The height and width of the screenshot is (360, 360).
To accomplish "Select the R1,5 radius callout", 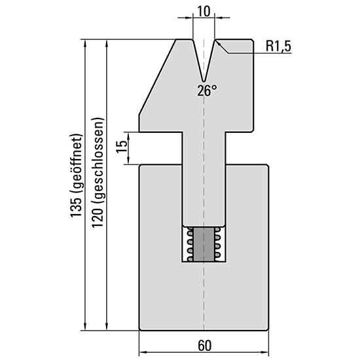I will pos(278,46).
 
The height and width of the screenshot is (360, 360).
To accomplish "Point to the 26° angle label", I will pos(206,91).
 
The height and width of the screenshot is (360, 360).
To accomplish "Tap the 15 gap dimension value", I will pos(120,147).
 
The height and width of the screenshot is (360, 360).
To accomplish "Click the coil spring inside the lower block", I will pos(204,244).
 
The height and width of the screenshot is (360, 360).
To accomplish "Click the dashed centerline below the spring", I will pos(204,295).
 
